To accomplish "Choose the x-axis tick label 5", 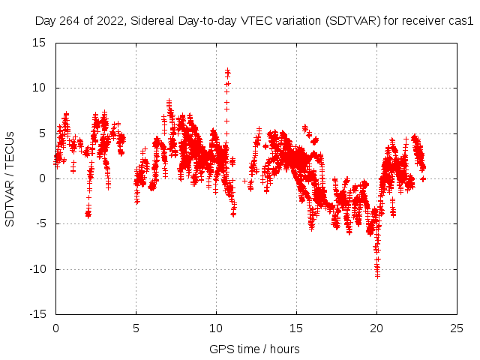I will (x=136, y=328).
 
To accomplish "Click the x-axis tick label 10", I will (x=216, y=328).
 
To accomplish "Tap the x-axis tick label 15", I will (x=296, y=328).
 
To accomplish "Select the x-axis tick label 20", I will (x=376, y=328).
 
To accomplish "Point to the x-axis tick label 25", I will (x=457, y=328).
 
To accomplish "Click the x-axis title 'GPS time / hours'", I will (x=254, y=349).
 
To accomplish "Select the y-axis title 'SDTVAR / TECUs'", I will (x=10, y=178).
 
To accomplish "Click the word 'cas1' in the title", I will (x=460, y=22).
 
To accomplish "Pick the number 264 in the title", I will (x=66, y=22).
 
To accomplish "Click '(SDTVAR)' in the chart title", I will (x=352, y=22).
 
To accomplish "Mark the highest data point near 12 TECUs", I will (x=227, y=70).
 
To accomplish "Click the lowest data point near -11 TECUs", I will (x=377, y=276).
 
